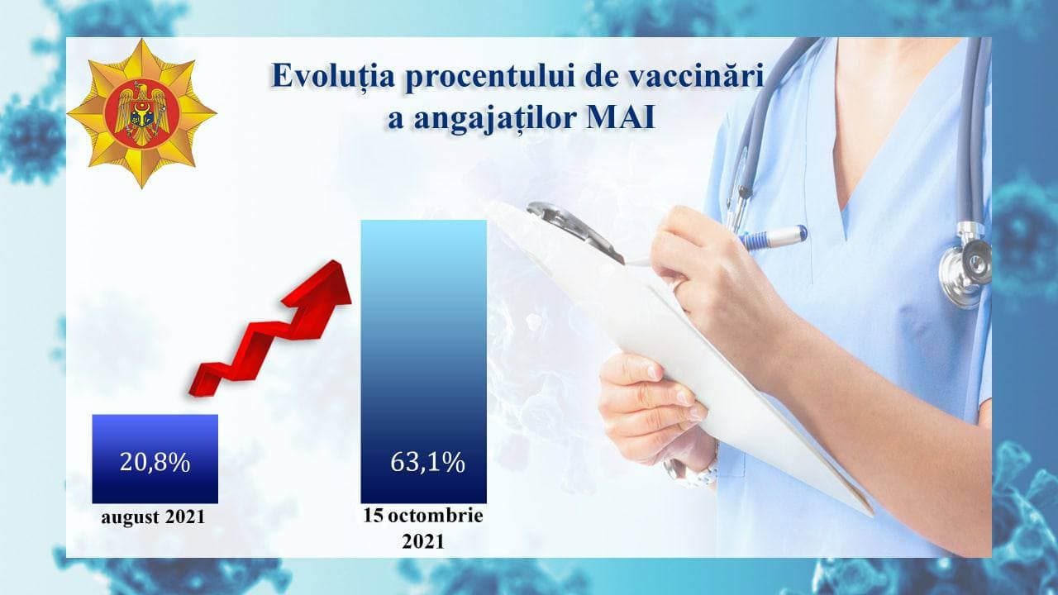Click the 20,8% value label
(155, 462)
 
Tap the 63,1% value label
(427, 462)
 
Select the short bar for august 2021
(155, 459)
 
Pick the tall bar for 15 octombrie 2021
(424, 361)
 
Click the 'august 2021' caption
(153, 516)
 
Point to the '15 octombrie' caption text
(423, 515)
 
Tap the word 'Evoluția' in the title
(333, 76)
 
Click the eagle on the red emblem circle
(141, 114)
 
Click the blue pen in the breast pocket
(771, 236)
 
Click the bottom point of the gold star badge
(141, 188)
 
